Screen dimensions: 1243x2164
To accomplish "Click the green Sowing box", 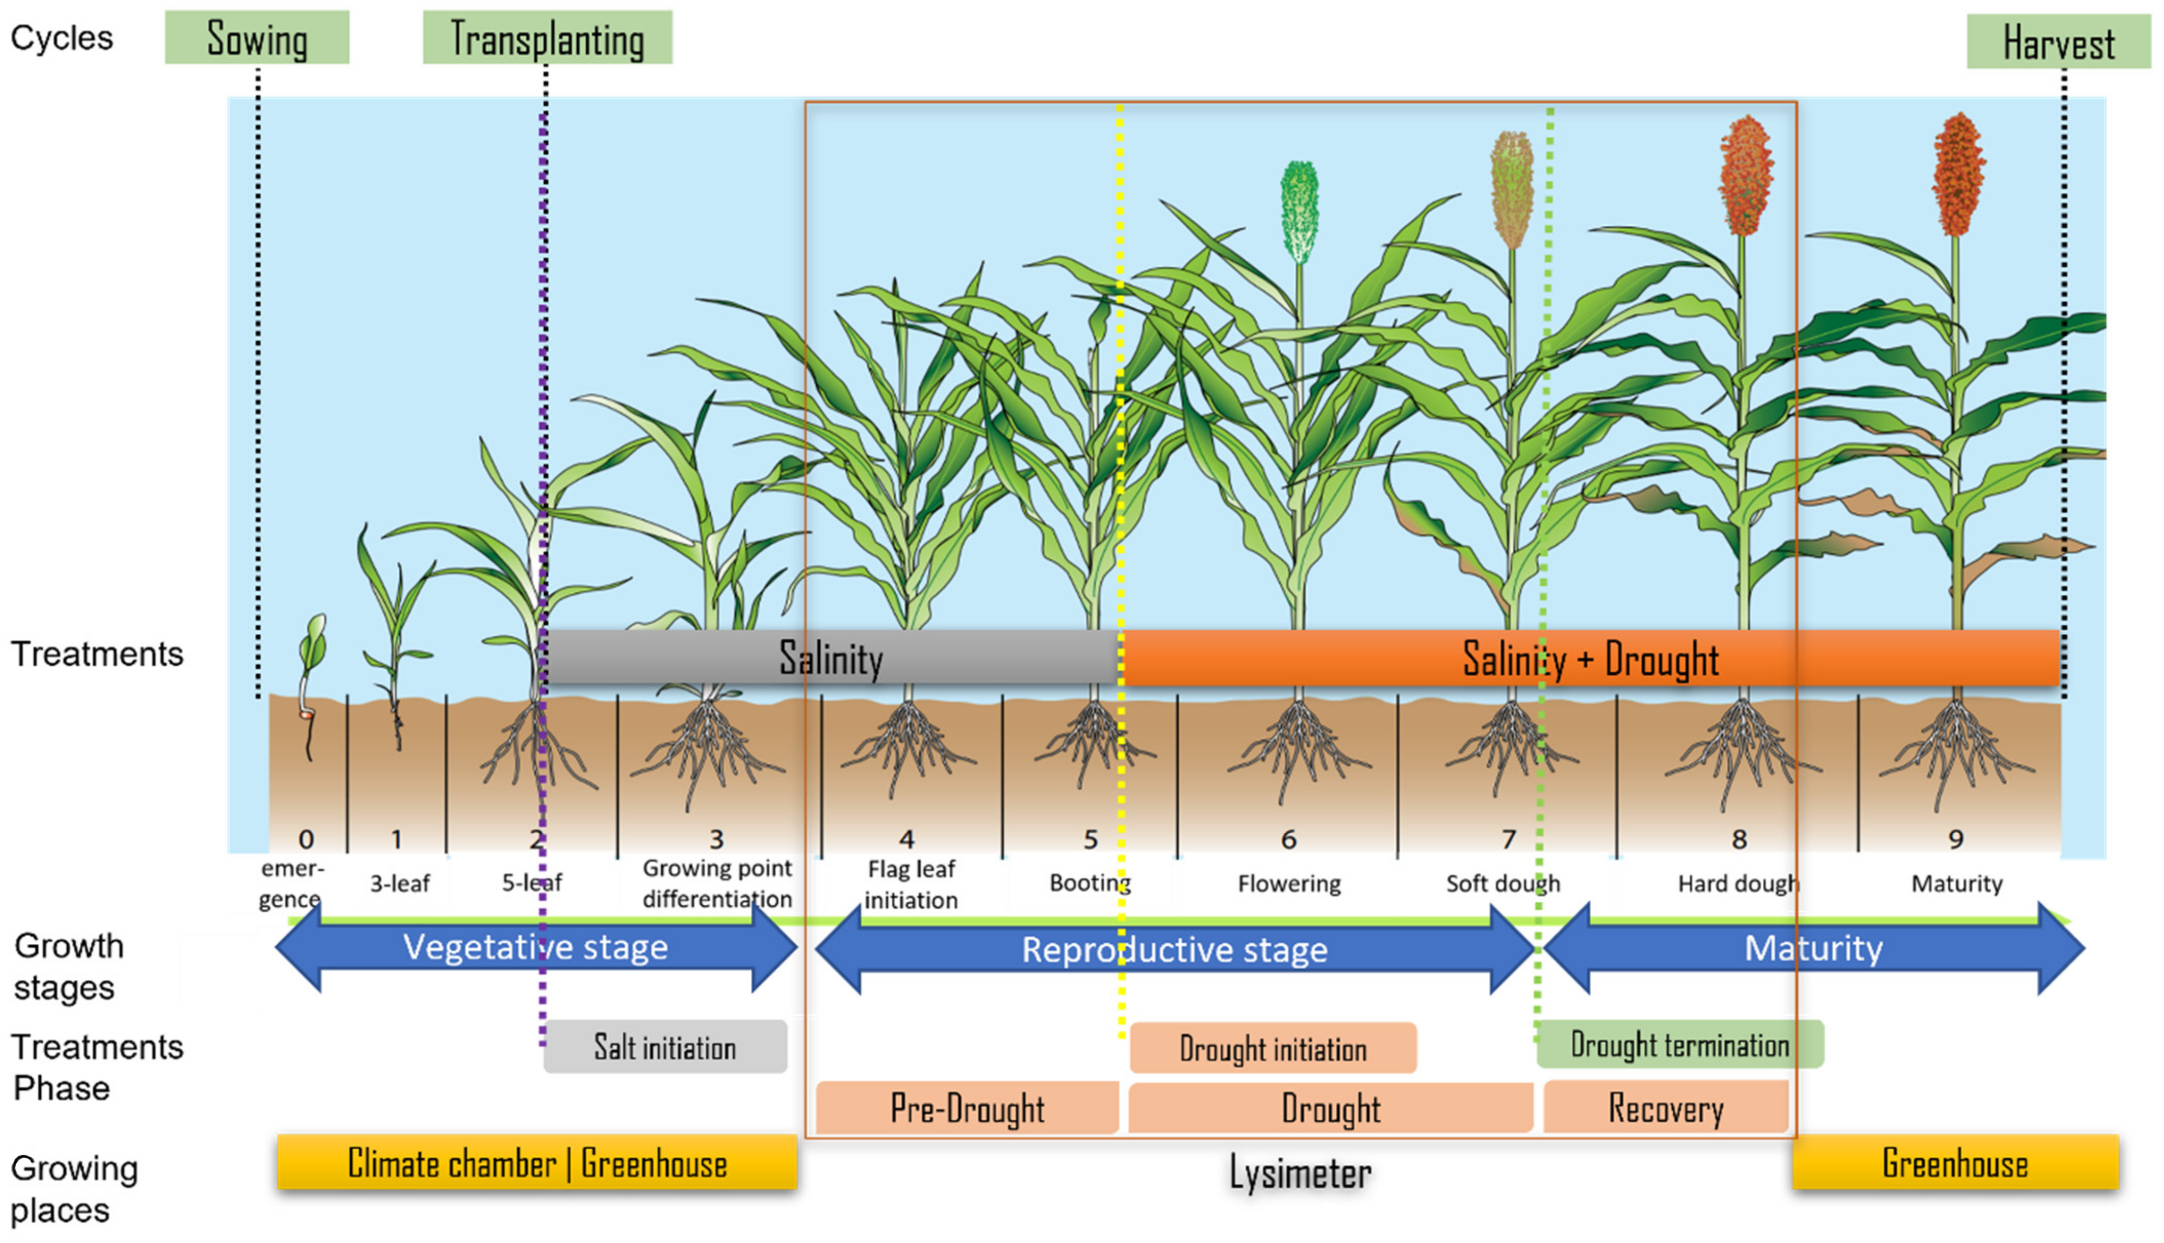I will click(x=257, y=37).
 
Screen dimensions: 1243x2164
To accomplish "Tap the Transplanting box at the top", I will click(x=547, y=37).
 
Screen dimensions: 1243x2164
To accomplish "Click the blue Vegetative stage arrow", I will click(x=535, y=947).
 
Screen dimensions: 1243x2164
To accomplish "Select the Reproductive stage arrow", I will click(x=1175, y=949).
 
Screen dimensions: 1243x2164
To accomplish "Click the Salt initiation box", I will click(x=665, y=1046).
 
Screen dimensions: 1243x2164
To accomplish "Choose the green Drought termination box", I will click(x=1679, y=1044).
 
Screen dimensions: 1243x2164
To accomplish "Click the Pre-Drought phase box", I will click(x=967, y=1108).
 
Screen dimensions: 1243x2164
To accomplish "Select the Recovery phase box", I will click(x=1666, y=1108).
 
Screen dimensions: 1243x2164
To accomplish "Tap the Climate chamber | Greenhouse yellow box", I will click(x=537, y=1163).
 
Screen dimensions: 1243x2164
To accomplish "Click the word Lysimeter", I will click(x=1300, y=1172).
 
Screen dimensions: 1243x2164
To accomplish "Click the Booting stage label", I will click(x=1089, y=883).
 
